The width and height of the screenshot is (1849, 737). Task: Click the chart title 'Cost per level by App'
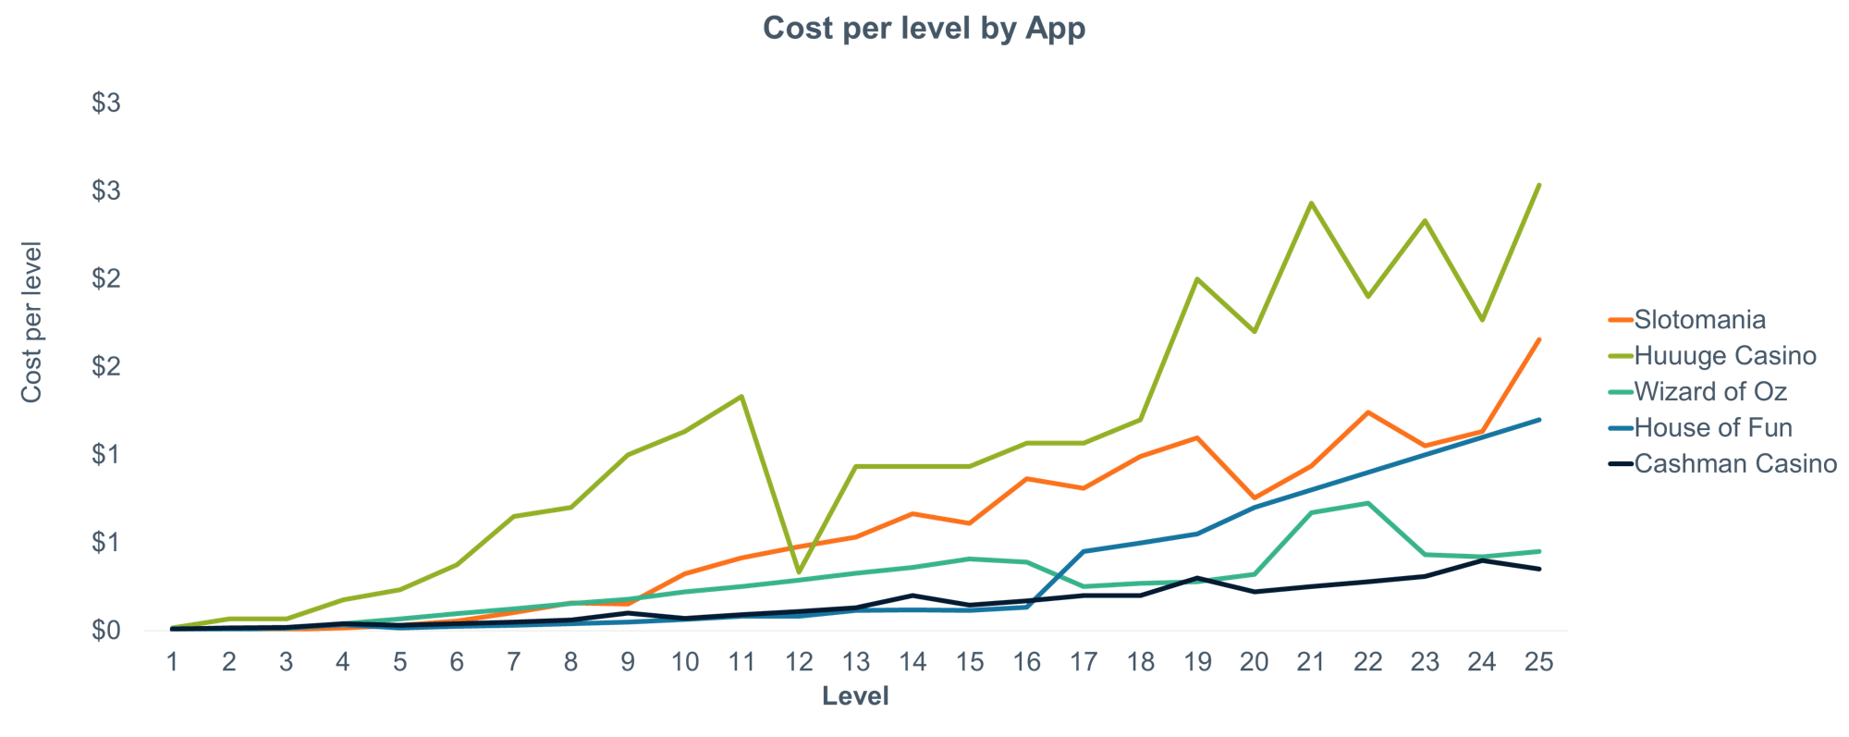(x=924, y=29)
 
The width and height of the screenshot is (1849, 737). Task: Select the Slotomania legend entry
(x=1699, y=320)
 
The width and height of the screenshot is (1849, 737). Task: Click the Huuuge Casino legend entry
(x=1725, y=356)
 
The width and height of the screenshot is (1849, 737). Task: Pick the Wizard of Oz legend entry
(x=1710, y=392)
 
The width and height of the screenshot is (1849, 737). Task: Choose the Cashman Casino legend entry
(x=1735, y=464)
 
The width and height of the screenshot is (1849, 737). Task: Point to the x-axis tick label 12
(x=799, y=662)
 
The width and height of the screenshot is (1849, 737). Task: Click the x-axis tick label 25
(x=1538, y=662)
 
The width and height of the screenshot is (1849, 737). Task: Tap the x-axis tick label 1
(x=172, y=662)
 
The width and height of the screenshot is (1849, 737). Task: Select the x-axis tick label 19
(x=1197, y=662)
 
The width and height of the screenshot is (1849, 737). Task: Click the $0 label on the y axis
(x=106, y=631)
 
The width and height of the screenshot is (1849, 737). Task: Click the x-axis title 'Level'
(x=855, y=696)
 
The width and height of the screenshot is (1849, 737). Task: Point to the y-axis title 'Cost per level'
(x=32, y=322)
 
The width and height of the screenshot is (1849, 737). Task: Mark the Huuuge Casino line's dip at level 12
(x=799, y=572)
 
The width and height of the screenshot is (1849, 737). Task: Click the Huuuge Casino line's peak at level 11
(x=741, y=397)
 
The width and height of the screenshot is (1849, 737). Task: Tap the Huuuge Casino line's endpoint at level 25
(x=1538, y=185)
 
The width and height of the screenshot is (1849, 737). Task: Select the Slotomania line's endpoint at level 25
(x=1538, y=339)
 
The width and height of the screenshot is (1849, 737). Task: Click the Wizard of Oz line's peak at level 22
(x=1367, y=503)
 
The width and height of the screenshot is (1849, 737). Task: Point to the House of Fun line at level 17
(x=1084, y=551)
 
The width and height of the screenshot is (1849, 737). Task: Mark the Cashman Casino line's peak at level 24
(x=1482, y=560)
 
